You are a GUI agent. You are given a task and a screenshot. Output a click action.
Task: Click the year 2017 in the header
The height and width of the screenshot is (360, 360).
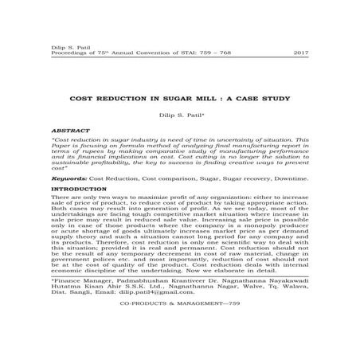[x=302, y=52]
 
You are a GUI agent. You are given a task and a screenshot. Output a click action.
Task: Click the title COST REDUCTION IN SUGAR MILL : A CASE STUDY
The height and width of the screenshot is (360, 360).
[x=179, y=98]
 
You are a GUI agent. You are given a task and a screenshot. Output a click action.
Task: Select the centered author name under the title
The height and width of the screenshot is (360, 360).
[x=179, y=115]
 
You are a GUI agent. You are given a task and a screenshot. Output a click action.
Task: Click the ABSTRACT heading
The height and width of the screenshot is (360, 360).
[x=66, y=127]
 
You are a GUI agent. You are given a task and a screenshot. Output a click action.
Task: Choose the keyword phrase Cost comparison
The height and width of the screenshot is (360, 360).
[x=152, y=181]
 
